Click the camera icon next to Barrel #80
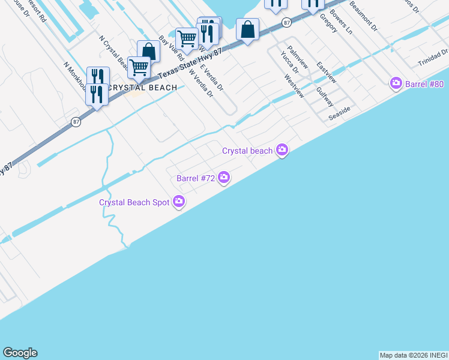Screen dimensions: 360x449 [396, 83]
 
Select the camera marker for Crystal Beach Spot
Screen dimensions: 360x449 [178, 202]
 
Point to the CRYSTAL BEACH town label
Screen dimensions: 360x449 [142, 88]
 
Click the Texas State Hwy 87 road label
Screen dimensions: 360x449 [190, 62]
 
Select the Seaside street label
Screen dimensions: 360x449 [339, 114]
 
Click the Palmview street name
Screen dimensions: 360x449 [297, 56]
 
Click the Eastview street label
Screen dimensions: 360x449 [327, 73]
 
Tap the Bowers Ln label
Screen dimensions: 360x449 [341, 22]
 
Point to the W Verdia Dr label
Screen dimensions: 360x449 [201, 83]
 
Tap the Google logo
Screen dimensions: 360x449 [20, 353]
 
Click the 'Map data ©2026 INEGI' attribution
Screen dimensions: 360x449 [414, 355]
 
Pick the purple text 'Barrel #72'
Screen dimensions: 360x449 [196, 178]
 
